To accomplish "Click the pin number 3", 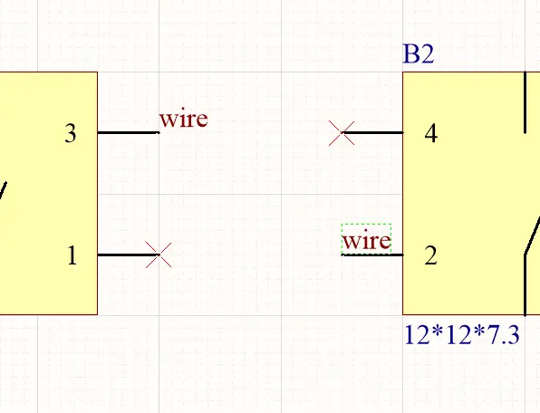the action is coord(71,133).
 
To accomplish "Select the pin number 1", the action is coord(72,255).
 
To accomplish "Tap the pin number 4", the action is coord(431,133).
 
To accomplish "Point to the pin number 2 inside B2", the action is coord(431,255).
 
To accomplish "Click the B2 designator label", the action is coord(419,54).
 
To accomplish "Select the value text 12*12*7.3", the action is coord(461,335).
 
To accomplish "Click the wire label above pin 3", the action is coord(184,119).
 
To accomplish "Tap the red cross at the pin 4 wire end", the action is coord(342,133).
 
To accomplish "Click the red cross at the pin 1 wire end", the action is coord(159,255).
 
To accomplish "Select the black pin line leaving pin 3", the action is coord(129,132).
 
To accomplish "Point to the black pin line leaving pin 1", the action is coord(129,255).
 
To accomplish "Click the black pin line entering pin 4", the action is coord(372,132).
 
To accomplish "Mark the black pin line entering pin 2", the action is coord(372,255).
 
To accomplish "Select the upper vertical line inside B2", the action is coord(525,102).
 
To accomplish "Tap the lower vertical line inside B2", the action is coord(525,285).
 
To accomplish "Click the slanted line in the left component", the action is coord(3,191).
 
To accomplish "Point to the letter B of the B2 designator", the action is coord(410,54).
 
